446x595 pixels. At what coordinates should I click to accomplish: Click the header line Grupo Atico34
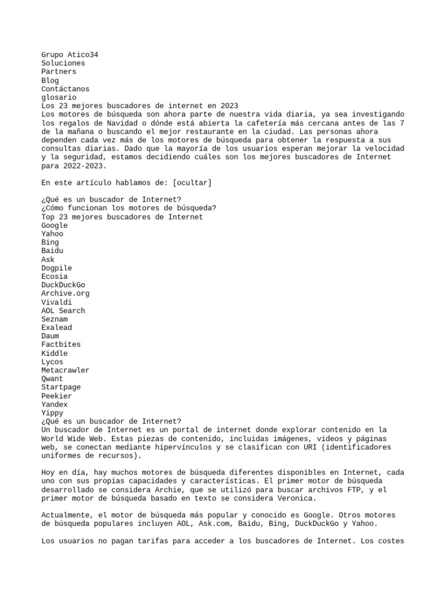(70, 55)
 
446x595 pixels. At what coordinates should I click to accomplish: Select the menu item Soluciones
(63, 63)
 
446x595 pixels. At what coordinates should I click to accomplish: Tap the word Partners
(59, 71)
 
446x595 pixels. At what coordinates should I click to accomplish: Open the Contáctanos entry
(65, 89)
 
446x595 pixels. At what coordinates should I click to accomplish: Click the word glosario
(59, 98)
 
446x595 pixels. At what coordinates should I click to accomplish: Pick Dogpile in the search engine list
(56, 268)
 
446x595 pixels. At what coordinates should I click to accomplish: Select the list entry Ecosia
(55, 277)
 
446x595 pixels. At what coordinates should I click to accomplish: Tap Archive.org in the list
(65, 293)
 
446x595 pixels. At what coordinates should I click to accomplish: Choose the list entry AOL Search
(63, 311)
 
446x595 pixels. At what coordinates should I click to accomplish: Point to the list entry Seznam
(55, 319)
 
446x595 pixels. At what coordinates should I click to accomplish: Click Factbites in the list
(61, 345)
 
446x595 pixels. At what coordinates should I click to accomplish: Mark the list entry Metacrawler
(65, 370)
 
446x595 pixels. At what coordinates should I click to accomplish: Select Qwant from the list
(52, 379)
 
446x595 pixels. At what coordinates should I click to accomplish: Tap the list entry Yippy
(52, 413)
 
